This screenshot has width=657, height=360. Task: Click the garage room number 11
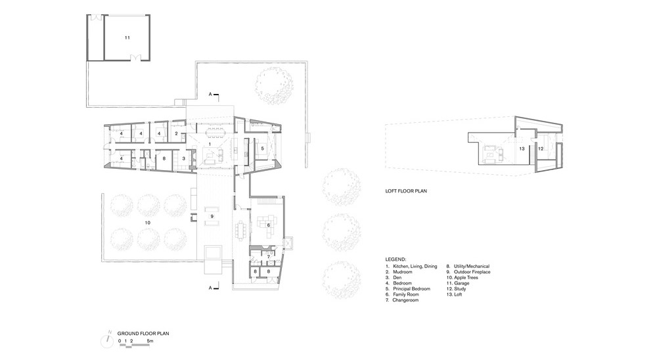127,37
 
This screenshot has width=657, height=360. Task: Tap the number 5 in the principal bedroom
262,148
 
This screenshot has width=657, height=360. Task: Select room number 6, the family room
269,225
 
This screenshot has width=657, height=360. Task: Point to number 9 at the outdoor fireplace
212,216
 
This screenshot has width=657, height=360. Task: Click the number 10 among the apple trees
147,223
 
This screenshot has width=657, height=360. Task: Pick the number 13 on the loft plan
522,148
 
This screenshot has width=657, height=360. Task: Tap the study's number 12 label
541,148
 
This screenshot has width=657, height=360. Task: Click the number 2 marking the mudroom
176,134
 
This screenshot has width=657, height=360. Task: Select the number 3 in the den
183,159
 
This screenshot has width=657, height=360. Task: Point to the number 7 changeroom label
268,256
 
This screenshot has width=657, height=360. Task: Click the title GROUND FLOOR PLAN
143,334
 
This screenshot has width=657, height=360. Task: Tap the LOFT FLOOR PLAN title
406,191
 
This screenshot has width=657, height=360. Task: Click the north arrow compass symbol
108,340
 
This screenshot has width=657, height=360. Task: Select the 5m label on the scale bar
150,341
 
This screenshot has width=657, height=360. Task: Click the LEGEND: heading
396,260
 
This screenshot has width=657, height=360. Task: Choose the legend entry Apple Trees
466,277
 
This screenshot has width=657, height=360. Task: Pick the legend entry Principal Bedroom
411,289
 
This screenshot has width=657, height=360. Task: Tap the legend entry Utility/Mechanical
472,266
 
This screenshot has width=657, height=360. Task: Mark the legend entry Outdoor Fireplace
472,272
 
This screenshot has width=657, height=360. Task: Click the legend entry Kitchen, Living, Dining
415,266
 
